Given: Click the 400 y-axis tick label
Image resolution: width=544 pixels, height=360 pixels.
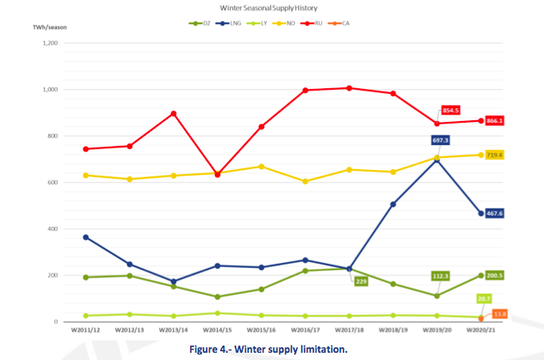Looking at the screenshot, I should (x=50, y=229).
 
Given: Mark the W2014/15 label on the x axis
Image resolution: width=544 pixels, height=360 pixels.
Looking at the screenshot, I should (x=219, y=330).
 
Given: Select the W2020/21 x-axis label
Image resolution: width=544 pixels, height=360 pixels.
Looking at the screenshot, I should (x=480, y=330).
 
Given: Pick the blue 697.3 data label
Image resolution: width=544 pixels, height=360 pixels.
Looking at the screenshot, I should (x=440, y=140).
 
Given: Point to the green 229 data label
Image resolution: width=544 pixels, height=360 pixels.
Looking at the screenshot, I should (x=361, y=281).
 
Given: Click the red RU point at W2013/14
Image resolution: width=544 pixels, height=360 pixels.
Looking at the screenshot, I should (x=174, y=114).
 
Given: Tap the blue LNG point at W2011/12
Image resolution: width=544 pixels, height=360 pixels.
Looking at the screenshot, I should (x=86, y=237).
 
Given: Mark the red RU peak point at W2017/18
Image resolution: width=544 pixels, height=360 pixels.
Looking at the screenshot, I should (x=349, y=87).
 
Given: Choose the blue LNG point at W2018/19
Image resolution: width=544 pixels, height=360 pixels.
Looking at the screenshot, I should (x=393, y=204).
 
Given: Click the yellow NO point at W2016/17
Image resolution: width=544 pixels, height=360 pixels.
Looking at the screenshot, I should (x=305, y=181).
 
